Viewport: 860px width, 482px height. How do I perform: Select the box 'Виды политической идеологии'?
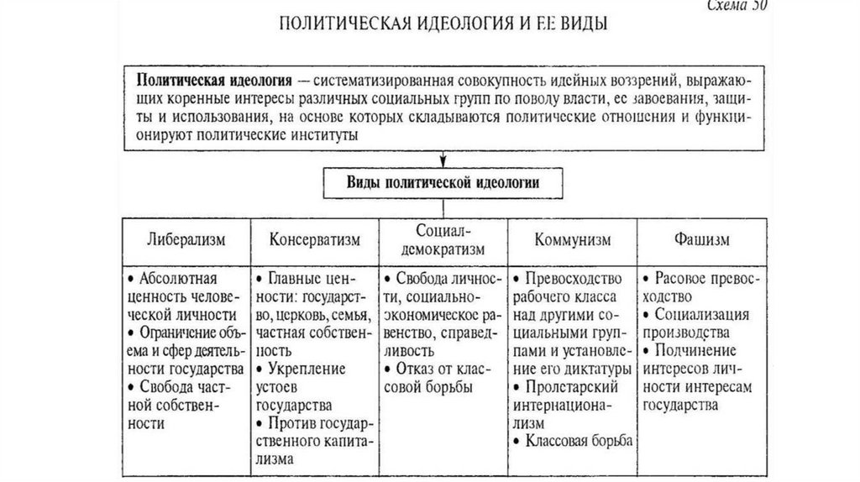443,181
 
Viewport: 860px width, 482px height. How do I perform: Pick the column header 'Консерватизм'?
315,240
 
